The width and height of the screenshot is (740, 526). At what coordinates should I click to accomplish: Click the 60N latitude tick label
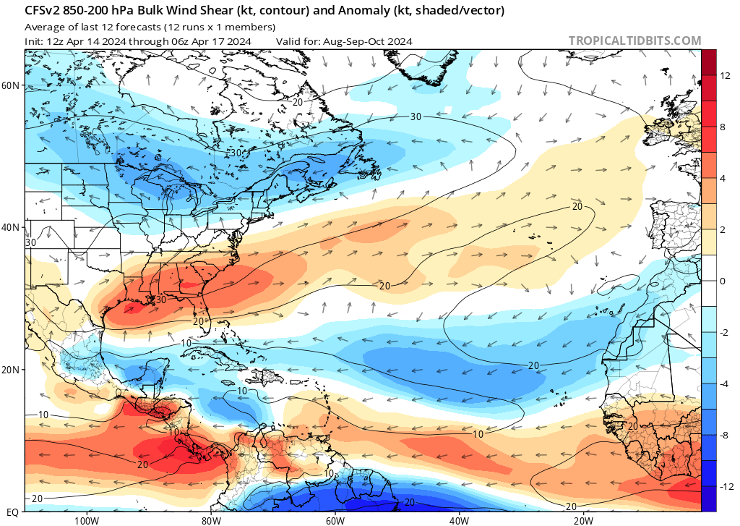(11, 85)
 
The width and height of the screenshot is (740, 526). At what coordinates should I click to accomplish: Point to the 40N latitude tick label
(11, 227)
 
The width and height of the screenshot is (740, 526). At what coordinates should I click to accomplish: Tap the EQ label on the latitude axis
(12, 512)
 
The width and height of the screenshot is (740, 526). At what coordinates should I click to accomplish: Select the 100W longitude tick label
(85, 519)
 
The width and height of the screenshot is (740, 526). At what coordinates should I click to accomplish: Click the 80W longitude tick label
(210, 519)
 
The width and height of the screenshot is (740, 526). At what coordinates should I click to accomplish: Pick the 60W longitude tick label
(335, 519)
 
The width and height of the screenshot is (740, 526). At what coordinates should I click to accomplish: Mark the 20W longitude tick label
(583, 519)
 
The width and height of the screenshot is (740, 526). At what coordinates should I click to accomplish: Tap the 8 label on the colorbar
(723, 127)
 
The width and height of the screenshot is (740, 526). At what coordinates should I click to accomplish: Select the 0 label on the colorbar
(723, 281)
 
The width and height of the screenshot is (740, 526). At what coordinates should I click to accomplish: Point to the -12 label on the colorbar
(725, 486)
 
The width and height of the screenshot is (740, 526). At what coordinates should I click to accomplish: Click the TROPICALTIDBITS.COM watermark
(634, 41)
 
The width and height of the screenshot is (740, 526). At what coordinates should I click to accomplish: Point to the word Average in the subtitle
(43, 27)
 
